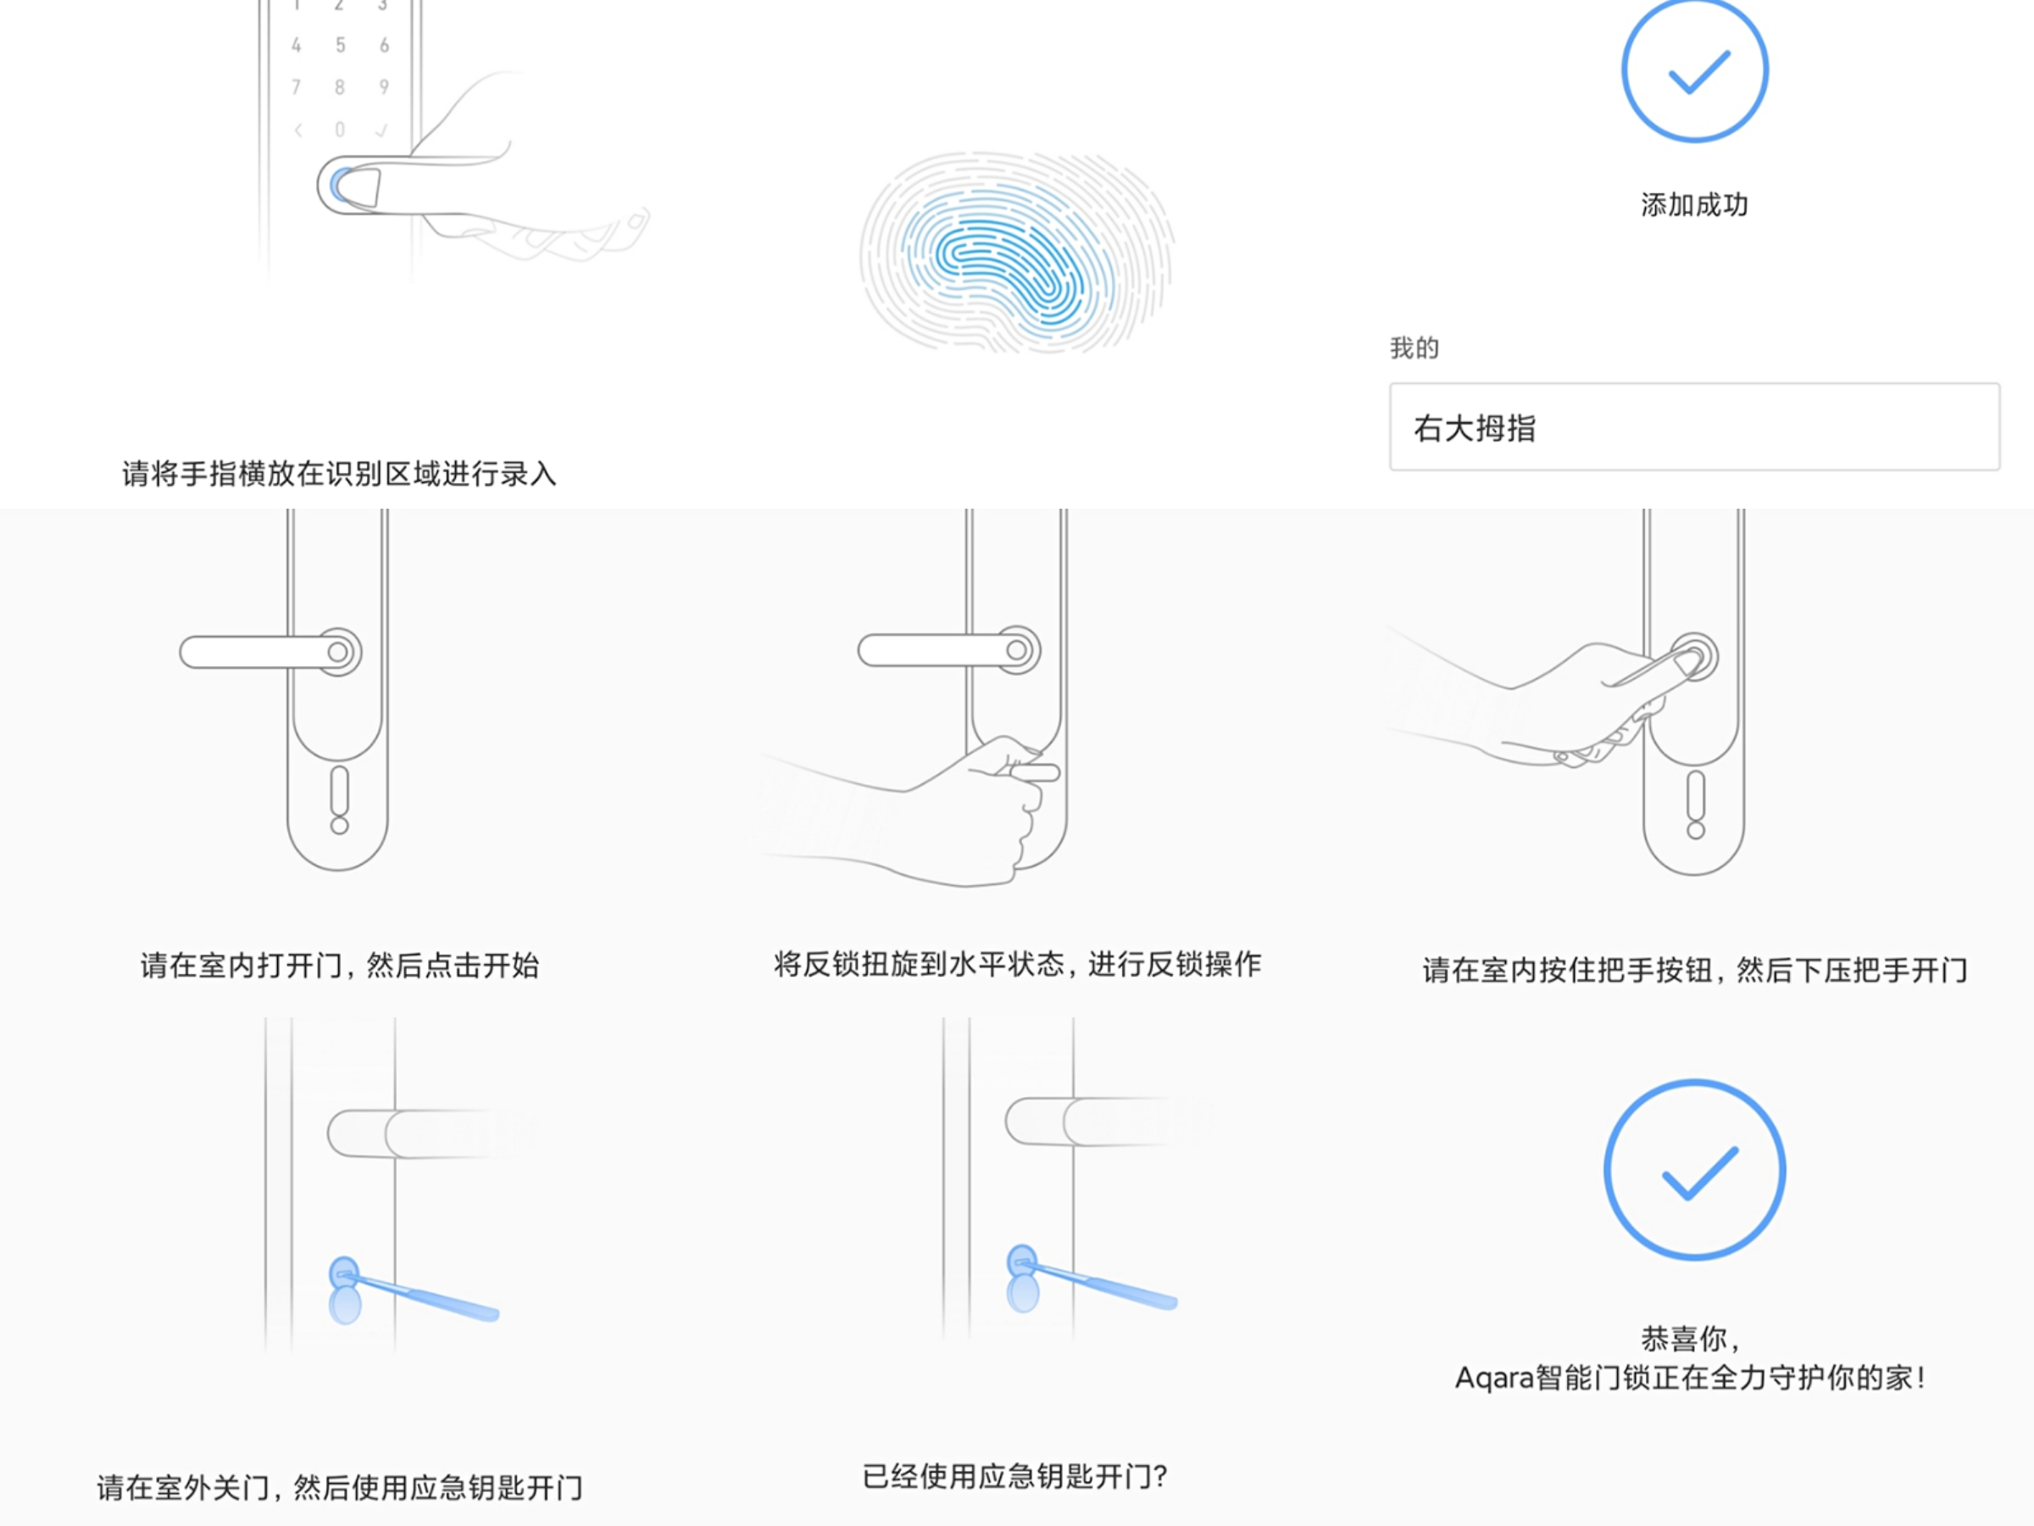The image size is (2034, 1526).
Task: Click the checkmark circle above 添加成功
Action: (1694, 71)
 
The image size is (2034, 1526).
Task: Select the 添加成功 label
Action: (1694, 204)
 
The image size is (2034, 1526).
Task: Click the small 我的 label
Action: (1414, 348)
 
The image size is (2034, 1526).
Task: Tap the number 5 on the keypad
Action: (340, 45)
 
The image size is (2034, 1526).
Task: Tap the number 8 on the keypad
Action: (340, 87)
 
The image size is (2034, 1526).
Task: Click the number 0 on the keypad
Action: (340, 130)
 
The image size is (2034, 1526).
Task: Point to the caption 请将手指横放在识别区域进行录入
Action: (339, 474)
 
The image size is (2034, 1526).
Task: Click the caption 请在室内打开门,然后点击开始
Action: (339, 966)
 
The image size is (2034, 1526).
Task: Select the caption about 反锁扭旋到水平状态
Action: (1017, 964)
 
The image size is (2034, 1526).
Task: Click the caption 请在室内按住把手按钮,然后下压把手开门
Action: (1694, 970)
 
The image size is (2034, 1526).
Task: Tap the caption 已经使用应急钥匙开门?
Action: (1014, 1476)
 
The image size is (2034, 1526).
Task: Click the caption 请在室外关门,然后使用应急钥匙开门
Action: (339, 1487)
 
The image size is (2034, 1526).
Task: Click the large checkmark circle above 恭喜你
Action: (1694, 1170)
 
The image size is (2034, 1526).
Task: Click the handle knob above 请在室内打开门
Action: (338, 652)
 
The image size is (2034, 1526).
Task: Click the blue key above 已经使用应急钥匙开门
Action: (1094, 1281)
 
